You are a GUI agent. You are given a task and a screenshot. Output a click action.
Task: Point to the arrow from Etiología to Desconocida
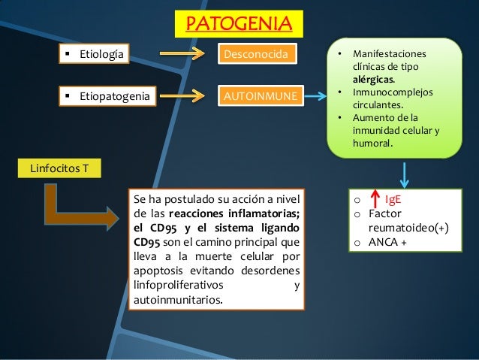(182, 53)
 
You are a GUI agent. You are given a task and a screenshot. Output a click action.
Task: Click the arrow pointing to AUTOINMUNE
(182, 96)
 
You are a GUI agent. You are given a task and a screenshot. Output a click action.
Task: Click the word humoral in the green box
(372, 145)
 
